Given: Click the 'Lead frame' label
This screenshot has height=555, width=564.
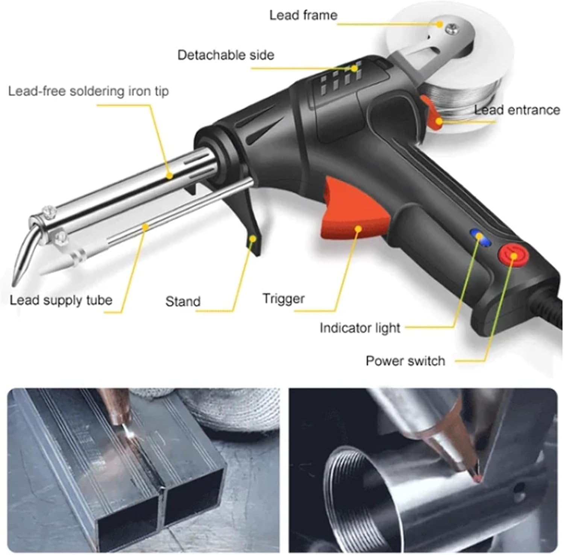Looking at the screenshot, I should [303, 15].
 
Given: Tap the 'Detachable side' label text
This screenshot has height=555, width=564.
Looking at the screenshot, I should [226, 55].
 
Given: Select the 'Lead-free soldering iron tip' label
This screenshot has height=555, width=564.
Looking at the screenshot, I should [88, 91].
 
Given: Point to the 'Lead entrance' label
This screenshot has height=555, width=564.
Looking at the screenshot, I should [517, 110].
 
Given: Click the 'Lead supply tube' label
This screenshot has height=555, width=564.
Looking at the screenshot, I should [61, 300].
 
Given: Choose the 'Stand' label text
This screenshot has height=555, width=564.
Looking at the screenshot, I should [183, 301].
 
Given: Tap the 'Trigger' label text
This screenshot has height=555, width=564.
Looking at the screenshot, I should [284, 299].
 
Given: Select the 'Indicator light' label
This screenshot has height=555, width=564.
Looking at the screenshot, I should [359, 328].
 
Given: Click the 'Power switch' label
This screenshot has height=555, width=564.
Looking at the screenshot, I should [405, 361].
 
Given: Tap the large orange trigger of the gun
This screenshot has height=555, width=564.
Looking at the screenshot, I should [350, 214].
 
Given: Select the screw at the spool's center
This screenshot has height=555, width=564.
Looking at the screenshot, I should [450, 28].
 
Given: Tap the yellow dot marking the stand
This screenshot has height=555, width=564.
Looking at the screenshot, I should [254, 238].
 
